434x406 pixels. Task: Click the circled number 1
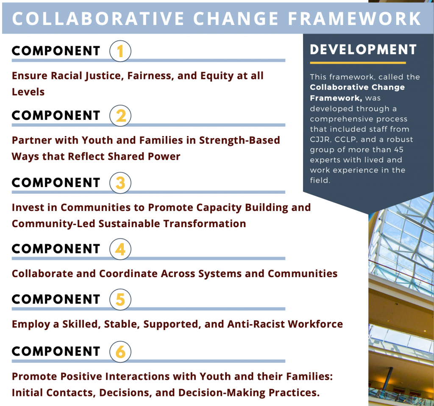(x=120, y=51)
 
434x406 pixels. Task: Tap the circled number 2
(x=120, y=116)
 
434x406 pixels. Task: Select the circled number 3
(x=120, y=183)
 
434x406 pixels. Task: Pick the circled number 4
(x=120, y=249)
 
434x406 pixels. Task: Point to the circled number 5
(x=120, y=300)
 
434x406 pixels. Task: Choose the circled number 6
(x=120, y=352)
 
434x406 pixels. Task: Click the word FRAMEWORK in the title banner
(x=355, y=19)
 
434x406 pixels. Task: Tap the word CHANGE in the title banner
(x=236, y=19)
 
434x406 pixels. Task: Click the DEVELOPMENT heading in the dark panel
(x=363, y=50)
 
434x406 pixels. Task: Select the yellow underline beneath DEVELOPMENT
(x=358, y=63)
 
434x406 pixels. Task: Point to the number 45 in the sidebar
(x=399, y=150)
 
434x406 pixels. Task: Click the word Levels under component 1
(x=28, y=92)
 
